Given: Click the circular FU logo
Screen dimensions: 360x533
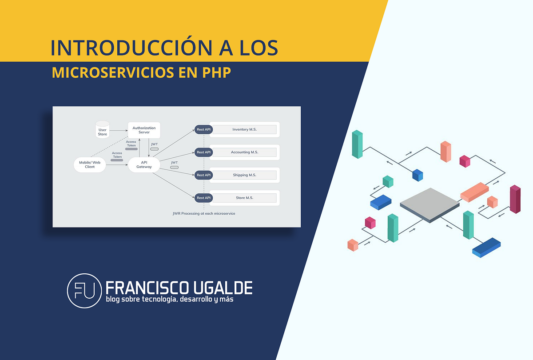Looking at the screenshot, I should pos(84,291).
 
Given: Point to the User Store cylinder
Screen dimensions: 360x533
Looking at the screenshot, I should pos(103,129).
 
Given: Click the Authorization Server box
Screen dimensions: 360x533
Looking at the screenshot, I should pos(144,130).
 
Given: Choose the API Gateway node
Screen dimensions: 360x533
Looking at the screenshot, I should pos(144,164).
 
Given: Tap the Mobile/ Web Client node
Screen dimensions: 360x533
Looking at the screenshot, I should pos(90,164).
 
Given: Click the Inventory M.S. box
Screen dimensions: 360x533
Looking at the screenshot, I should pos(244,130).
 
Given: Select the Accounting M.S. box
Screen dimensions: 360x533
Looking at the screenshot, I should pos(244,152).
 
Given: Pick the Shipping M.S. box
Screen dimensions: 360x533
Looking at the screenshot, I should pos(244,175).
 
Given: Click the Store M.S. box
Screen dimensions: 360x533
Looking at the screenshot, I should pos(244,198).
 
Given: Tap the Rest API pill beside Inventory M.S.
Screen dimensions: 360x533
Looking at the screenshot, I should pos(203,130).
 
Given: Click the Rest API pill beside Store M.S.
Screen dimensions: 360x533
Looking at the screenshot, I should pos(203,198).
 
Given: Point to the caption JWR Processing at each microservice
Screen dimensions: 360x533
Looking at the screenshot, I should pos(204,214).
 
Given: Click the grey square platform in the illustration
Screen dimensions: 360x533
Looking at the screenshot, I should pos(430,204).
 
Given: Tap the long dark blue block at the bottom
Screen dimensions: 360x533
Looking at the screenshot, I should pos(486,247).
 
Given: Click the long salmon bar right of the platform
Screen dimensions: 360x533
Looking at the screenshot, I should pos(474,192).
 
